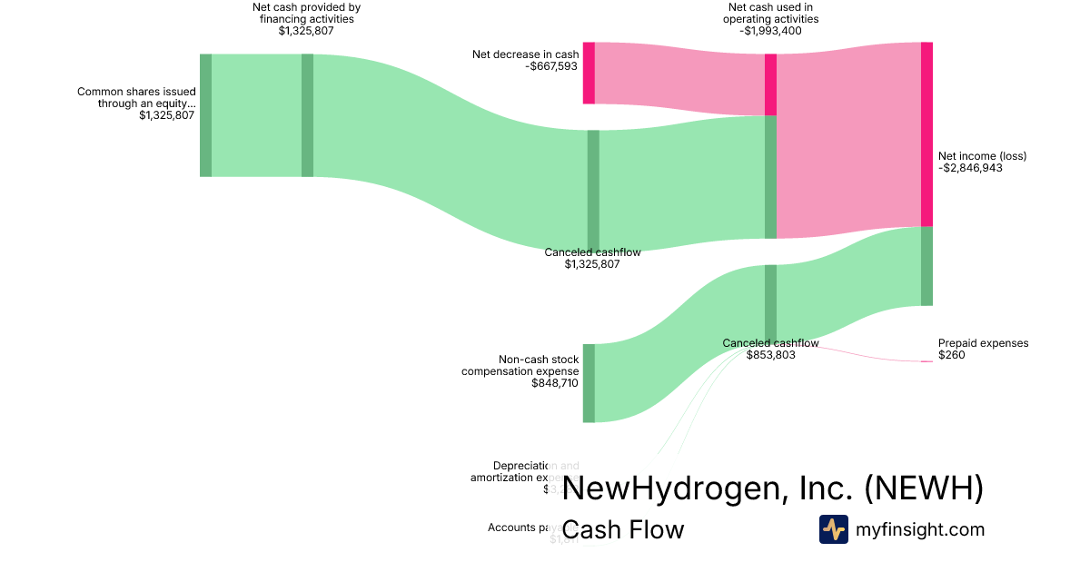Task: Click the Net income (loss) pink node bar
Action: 926,133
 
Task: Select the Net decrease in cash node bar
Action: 589,73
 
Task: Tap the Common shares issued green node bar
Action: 205,115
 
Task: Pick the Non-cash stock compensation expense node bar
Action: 589,383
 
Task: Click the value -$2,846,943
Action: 970,168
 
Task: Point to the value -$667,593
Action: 552,66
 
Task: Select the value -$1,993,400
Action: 770,31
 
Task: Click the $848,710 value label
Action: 554,383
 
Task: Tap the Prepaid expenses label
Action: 983,343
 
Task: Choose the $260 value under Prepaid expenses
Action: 951,355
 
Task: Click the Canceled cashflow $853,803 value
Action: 770,355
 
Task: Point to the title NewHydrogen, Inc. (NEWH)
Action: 773,488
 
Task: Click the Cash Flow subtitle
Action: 623,529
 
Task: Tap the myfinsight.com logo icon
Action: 833,529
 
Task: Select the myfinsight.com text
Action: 920,529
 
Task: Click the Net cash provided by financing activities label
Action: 306,13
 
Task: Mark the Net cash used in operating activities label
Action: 770,13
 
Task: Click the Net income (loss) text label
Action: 982,156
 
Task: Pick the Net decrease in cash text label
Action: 525,54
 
